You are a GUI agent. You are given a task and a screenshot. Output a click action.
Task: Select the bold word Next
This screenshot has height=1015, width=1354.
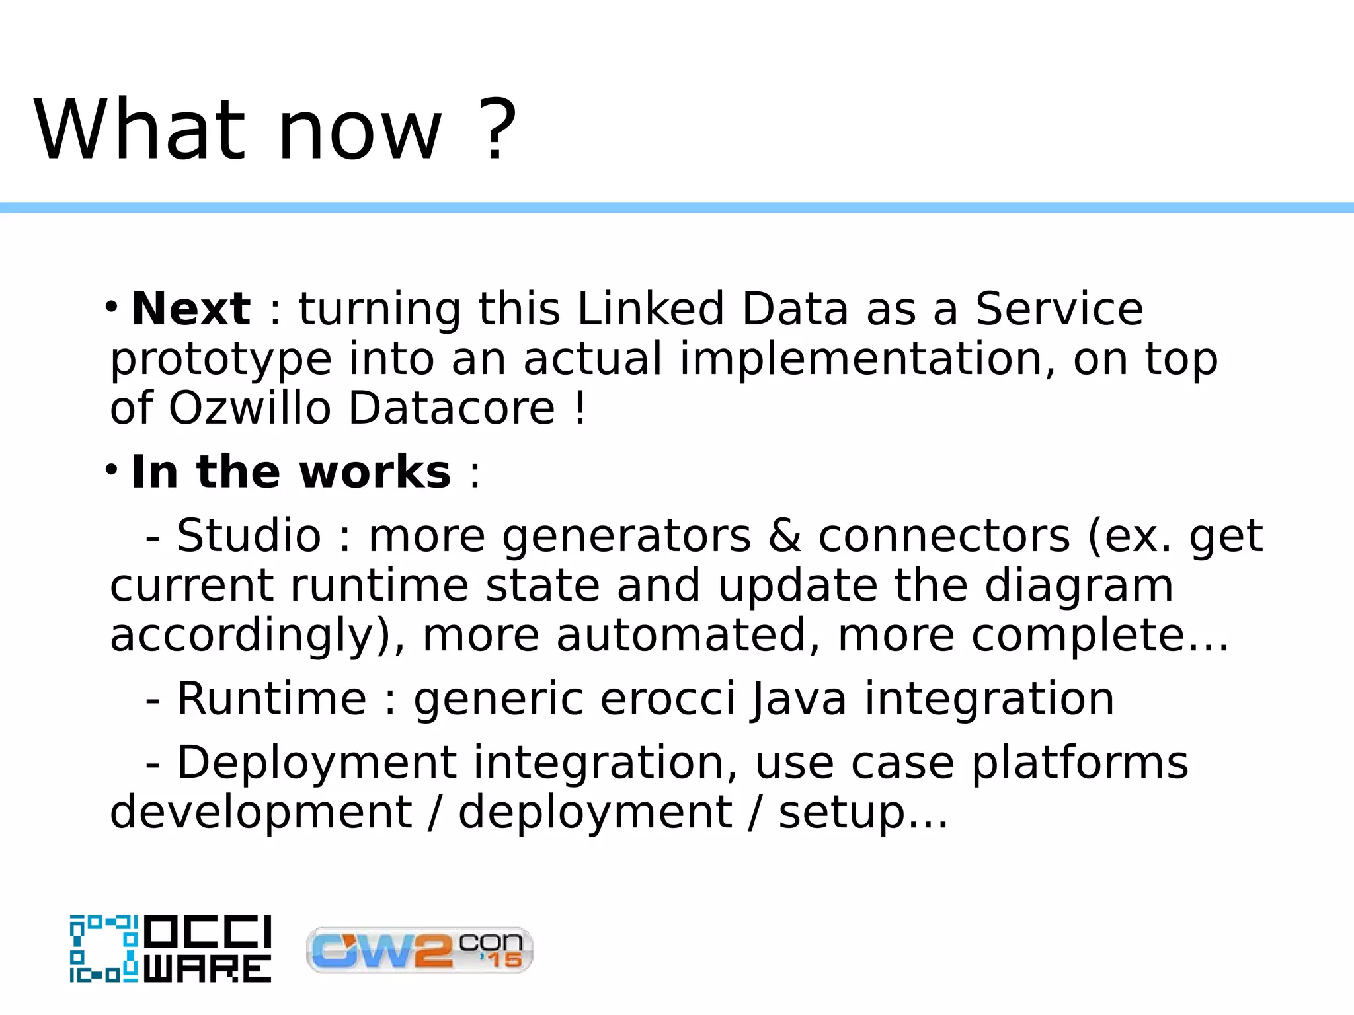coord(191,309)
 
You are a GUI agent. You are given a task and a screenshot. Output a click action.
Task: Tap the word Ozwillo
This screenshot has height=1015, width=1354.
coord(249,408)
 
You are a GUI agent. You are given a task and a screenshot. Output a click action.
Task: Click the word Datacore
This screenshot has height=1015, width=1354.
coord(452,408)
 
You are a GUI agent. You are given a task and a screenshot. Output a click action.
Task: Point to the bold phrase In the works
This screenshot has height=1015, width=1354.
coord(291,472)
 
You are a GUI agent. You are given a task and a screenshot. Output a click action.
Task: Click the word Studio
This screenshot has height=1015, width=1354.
coord(249,535)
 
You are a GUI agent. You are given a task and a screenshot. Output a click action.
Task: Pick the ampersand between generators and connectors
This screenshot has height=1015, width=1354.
coord(785,535)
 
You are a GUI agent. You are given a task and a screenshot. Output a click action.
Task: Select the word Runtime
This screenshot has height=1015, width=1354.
coord(272,698)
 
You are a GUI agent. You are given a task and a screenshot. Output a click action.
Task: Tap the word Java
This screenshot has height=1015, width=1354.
coord(799,698)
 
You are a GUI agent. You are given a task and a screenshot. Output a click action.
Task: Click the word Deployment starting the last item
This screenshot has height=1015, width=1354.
coord(317,763)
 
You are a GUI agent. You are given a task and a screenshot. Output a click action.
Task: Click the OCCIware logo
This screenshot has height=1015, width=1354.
coord(171,948)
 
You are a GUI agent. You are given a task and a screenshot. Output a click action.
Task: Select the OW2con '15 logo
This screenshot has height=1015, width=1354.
coord(419,950)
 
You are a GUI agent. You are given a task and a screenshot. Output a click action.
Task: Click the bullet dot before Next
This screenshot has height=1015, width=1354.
coord(111,307)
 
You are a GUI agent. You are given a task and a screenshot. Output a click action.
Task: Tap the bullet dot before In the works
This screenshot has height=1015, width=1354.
coord(111,470)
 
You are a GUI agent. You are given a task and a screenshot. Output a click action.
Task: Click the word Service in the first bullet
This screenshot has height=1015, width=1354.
coord(1058,309)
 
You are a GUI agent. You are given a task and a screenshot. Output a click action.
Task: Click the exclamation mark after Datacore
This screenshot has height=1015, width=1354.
coord(580,408)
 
